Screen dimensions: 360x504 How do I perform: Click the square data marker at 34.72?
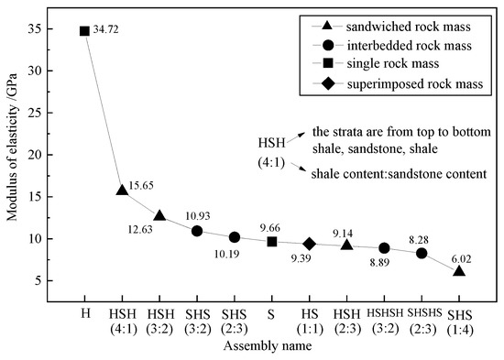click(84, 31)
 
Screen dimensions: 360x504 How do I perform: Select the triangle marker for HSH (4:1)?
click(122, 191)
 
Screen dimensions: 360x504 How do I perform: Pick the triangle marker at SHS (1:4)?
click(459, 271)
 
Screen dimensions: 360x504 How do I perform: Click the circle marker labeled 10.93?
click(197, 231)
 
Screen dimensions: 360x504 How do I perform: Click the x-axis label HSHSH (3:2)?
click(384, 320)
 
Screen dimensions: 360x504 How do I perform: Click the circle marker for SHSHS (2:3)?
click(422, 254)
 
